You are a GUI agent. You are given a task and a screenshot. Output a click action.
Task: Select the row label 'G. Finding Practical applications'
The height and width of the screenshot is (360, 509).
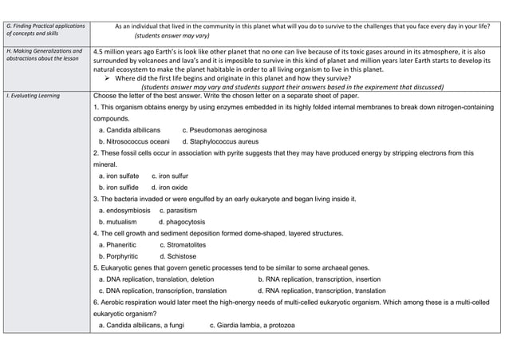pos(45,26)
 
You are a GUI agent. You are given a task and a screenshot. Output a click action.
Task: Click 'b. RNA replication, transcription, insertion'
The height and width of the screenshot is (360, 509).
pos(319,279)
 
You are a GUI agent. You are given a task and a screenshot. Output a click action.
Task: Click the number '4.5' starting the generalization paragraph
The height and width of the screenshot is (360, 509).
pos(99,50)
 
